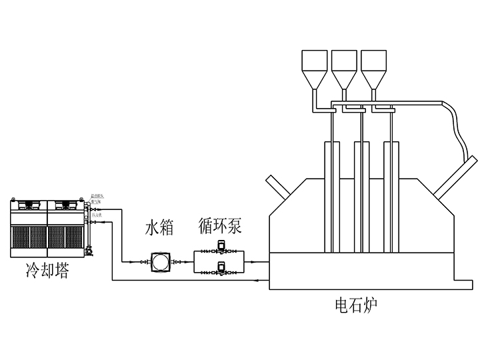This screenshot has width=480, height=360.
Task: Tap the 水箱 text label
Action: (159, 229)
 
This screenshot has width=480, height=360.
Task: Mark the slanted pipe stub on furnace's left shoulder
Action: (277, 185)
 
